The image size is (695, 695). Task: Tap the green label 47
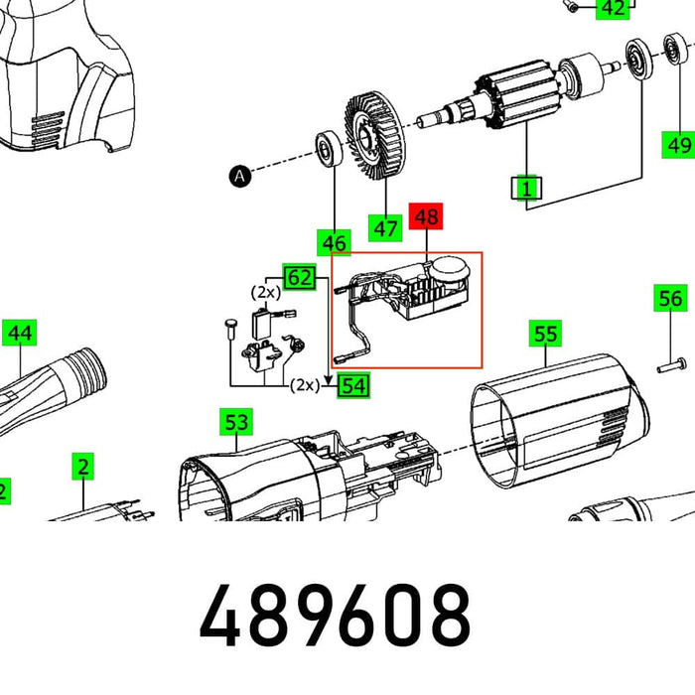pos(385,228)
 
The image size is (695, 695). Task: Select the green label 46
pos(334,242)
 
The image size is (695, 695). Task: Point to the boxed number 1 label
pos(526,188)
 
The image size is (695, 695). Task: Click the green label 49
pos(679,145)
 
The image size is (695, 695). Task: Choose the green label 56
pos(671,298)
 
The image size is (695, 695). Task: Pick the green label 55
pos(545,334)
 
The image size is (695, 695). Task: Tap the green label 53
pos(235,423)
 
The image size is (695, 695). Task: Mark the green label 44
pos(20,333)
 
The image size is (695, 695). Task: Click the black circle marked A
pos(238,177)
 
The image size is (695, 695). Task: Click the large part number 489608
pos(335,616)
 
